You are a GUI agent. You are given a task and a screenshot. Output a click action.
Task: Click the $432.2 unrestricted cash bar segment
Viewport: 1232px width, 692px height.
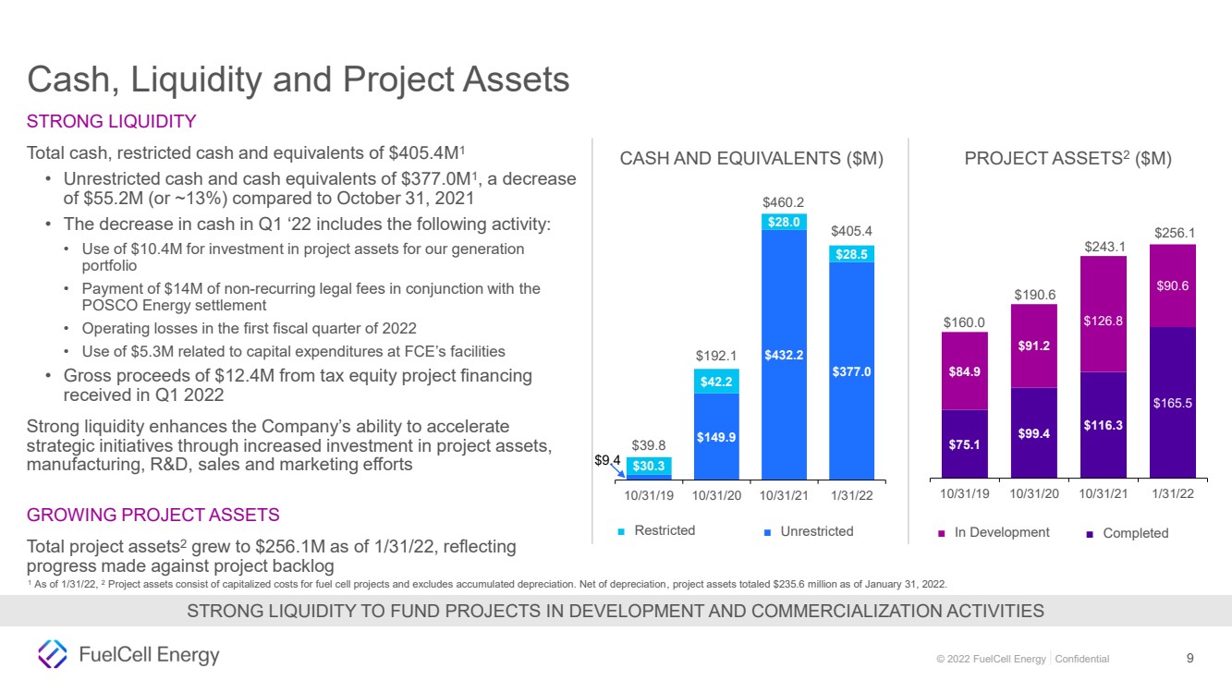(784, 355)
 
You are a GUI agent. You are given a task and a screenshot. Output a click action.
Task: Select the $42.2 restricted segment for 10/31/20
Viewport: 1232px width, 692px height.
(716, 381)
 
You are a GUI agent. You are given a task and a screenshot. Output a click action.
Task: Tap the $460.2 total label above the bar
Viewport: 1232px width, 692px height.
(783, 202)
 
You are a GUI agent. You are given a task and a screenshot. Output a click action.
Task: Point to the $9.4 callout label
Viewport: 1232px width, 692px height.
(607, 460)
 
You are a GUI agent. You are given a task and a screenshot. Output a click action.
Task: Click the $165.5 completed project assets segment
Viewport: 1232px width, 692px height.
(1173, 402)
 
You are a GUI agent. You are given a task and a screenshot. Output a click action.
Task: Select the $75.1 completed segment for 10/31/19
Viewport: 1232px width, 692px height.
(964, 443)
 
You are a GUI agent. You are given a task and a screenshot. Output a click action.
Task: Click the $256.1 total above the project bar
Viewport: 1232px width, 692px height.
(1175, 233)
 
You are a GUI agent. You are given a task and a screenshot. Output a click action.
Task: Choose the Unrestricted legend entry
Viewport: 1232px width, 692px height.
(809, 531)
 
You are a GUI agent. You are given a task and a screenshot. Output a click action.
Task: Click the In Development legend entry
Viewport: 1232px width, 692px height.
(994, 532)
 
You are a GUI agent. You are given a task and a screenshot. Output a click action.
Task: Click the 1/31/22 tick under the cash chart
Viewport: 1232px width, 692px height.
(851, 495)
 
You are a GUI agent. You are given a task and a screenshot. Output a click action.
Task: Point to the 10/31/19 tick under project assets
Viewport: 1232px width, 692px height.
(964, 493)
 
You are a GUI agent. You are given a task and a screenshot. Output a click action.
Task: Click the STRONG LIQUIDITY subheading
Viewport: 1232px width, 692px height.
(111, 121)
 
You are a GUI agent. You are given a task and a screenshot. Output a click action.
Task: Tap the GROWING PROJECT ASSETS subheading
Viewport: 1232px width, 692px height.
(152, 515)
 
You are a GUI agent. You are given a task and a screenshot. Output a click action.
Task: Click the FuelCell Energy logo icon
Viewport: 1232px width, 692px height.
(53, 654)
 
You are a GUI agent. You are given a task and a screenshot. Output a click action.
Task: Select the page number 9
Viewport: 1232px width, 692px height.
(1189, 658)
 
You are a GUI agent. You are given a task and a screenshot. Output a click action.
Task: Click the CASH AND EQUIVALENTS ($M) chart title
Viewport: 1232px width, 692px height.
(751, 158)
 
